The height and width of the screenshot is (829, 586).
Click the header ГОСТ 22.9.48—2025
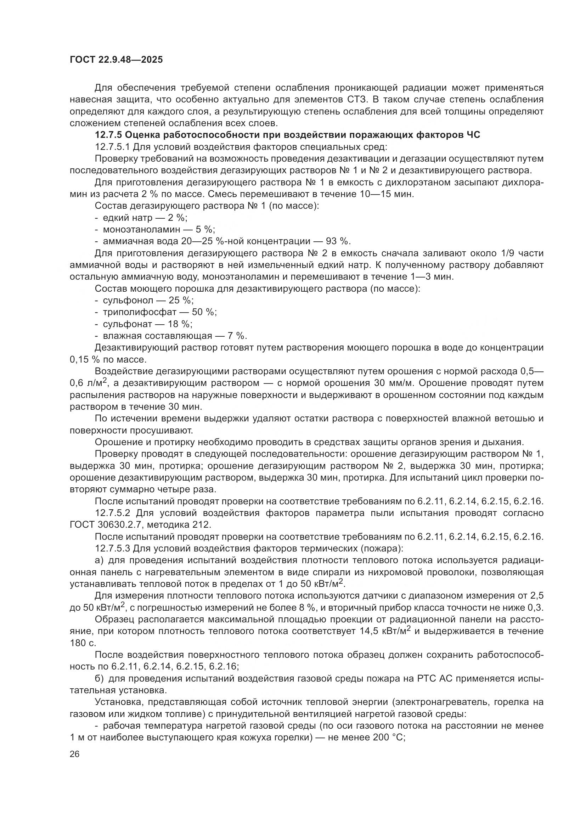click(x=116, y=60)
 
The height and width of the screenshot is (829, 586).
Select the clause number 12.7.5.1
click(x=112, y=147)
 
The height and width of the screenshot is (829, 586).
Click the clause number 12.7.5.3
click(x=112, y=548)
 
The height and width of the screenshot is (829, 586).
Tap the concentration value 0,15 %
click(x=82, y=360)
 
